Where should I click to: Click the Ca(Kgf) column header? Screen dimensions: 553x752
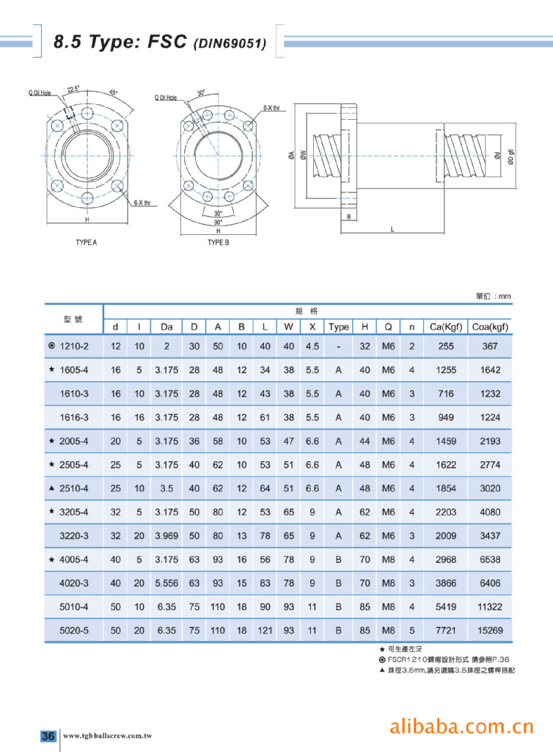coord(446,327)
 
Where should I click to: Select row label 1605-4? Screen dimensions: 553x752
coord(74,370)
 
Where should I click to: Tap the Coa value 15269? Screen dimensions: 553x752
coord(490,631)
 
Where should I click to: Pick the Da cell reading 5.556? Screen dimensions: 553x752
coord(166,583)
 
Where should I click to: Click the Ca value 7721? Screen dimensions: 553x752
coord(446,631)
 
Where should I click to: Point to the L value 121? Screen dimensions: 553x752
coord(265,631)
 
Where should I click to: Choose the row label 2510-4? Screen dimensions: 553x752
coord(74,488)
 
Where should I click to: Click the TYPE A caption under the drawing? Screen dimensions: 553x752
coord(87,242)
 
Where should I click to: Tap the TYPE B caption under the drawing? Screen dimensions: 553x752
coord(219,242)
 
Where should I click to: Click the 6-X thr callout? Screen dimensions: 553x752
coord(142,203)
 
